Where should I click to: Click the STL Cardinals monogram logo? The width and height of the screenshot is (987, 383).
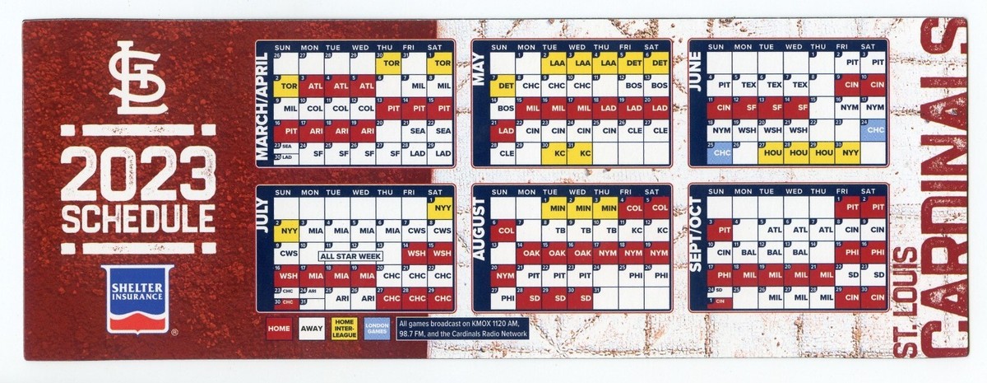139,77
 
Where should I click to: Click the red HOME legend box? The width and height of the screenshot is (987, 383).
279,326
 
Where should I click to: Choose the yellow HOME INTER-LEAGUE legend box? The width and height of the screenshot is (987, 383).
345,326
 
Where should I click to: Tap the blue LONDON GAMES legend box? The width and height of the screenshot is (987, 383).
378,326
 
